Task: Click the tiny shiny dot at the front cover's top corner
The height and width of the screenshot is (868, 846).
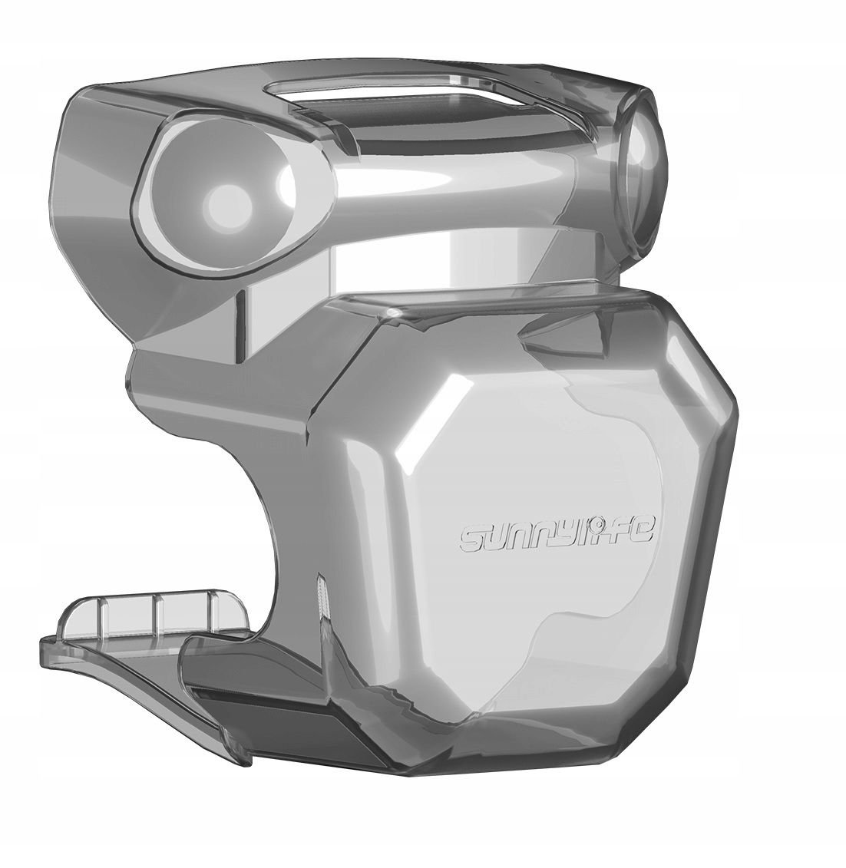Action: (393, 314)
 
